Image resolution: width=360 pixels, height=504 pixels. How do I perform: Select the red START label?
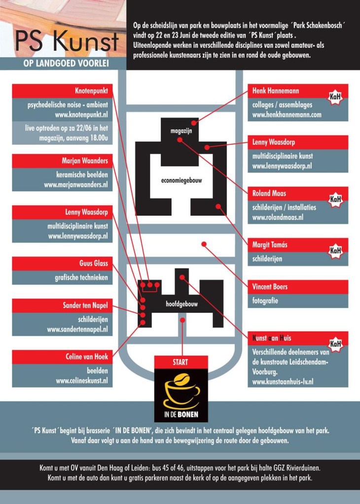pyautogui.click(x=180, y=362)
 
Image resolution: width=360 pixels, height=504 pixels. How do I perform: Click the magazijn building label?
pyautogui.click(x=181, y=131)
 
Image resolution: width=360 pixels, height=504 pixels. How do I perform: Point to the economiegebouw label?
pyautogui.click(x=181, y=180)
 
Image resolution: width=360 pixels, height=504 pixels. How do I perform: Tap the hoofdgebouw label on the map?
pyautogui.click(x=182, y=304)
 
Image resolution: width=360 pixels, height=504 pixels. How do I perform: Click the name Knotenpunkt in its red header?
pyautogui.click(x=91, y=91)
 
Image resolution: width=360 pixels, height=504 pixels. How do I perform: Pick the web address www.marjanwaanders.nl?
pyautogui.click(x=76, y=185)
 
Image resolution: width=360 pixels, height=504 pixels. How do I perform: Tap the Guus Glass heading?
pyautogui.click(x=94, y=264)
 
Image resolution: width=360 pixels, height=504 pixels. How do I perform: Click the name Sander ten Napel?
pyautogui.click(x=85, y=305)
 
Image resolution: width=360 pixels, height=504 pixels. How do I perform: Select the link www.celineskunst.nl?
pyautogui.click(x=82, y=381)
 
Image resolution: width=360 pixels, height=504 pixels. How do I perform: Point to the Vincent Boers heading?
pyautogui.click(x=270, y=287)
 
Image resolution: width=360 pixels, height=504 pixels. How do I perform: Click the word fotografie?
pyautogui.click(x=265, y=301)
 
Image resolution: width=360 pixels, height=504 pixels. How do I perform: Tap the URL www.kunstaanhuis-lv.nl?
pyautogui.click(x=283, y=382)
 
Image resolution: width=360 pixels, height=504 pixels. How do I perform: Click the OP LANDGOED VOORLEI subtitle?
pyautogui.click(x=66, y=64)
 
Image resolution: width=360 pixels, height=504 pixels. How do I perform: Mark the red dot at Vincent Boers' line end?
pyautogui.click(x=204, y=244)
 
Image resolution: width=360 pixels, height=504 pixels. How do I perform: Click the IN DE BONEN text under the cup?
pyautogui.click(x=181, y=414)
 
